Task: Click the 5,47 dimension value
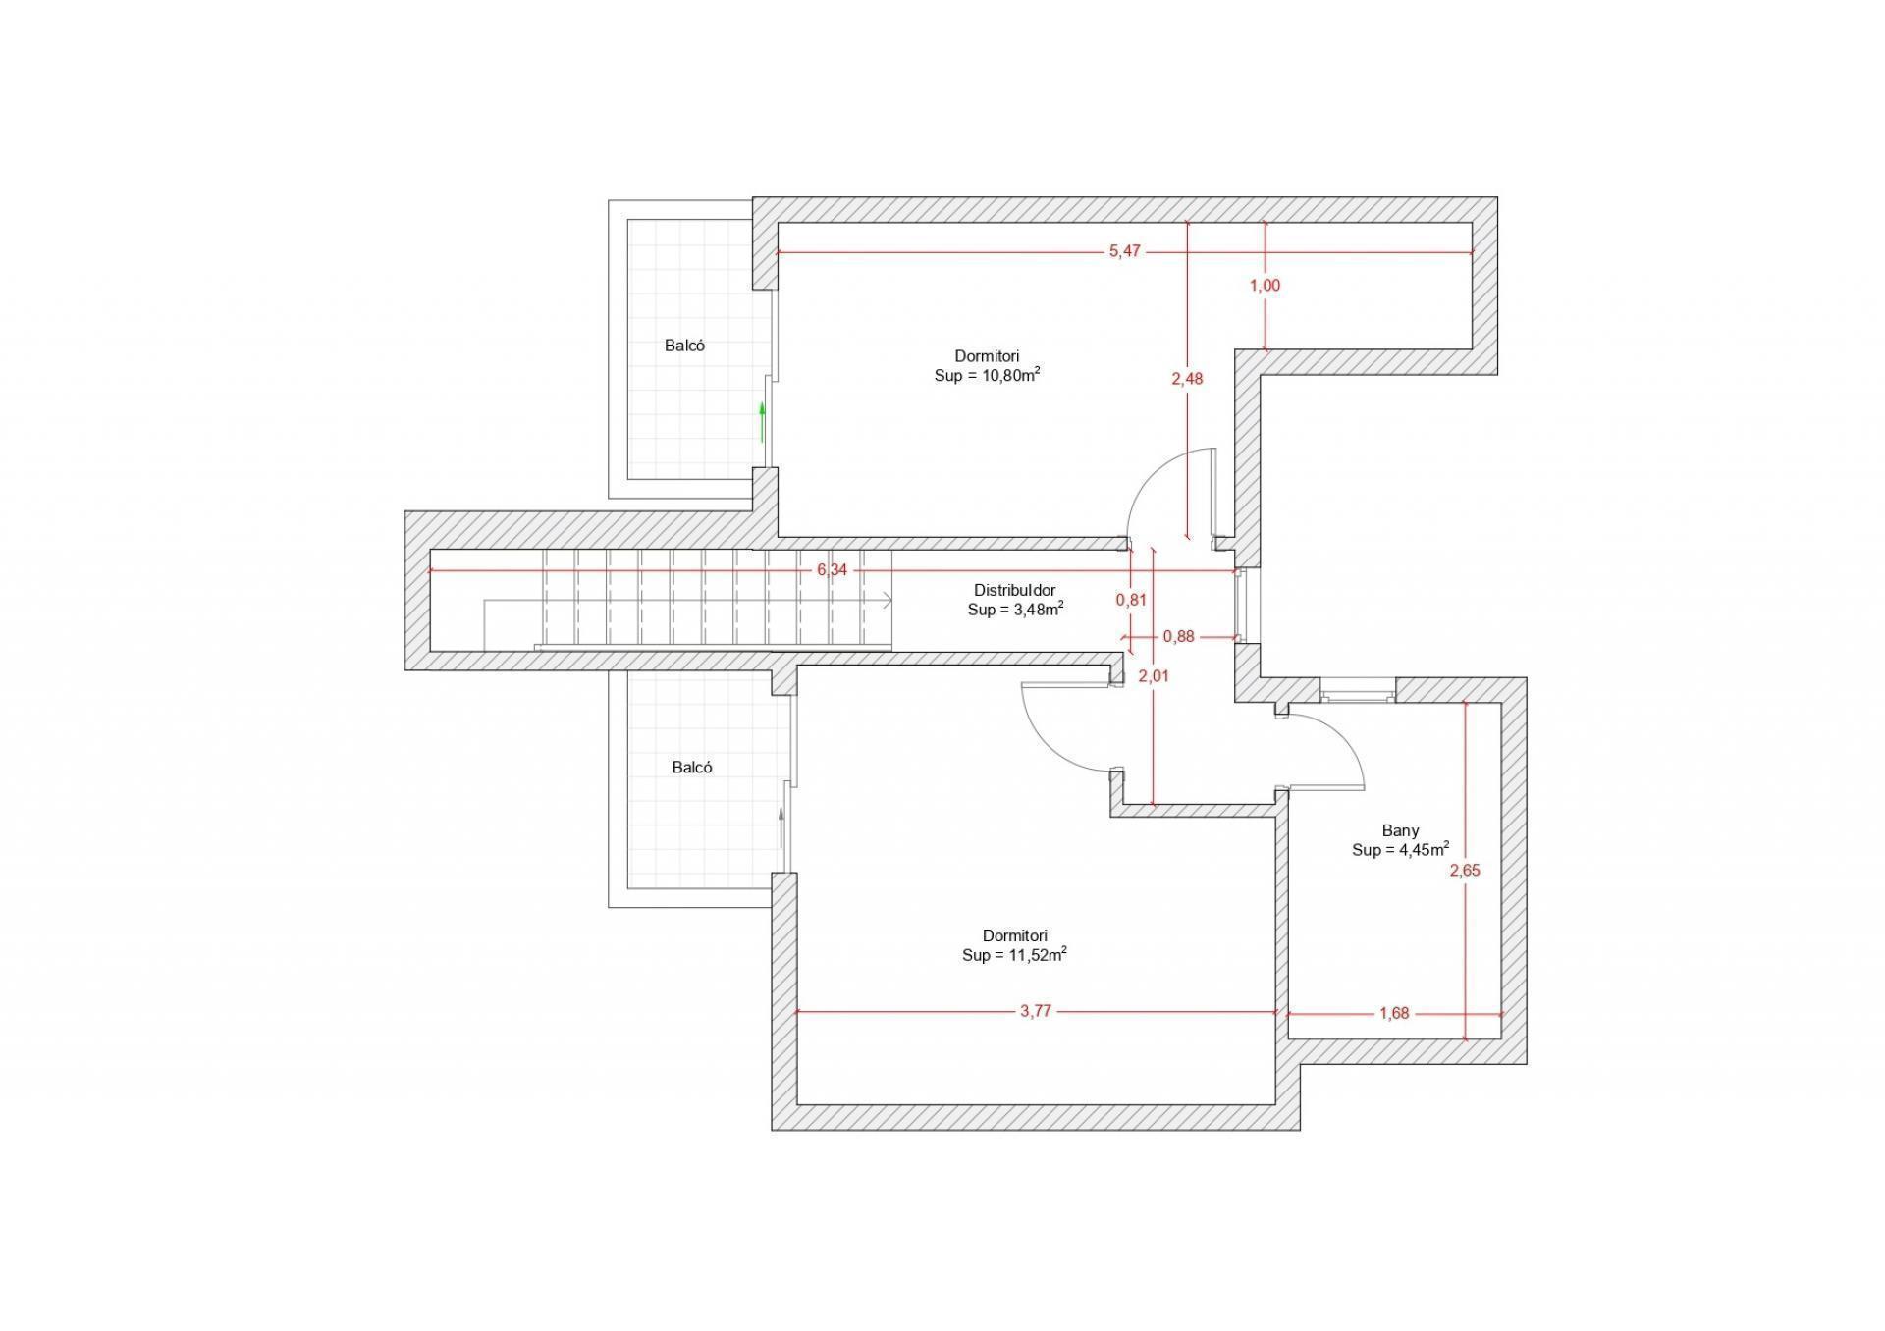click(x=1125, y=251)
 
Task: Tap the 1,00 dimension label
click(x=1265, y=286)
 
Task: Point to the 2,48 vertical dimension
click(x=1187, y=379)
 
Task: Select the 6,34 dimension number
click(x=832, y=570)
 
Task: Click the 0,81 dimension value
click(x=1132, y=600)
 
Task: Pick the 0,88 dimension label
click(x=1179, y=637)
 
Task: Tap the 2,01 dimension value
click(x=1154, y=676)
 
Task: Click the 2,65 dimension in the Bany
click(x=1465, y=871)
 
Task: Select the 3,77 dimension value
click(x=1036, y=1012)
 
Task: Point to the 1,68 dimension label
click(x=1394, y=1014)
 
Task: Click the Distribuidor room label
click(x=1015, y=591)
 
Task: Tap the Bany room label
click(x=1401, y=831)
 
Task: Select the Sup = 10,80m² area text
click(x=988, y=375)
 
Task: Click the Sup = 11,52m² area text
click(x=1015, y=954)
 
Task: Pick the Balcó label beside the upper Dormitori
click(x=684, y=346)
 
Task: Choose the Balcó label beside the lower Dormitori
click(x=692, y=768)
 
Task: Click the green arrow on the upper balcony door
click(x=762, y=422)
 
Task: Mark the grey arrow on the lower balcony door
click(x=781, y=827)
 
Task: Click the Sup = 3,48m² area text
click(x=1016, y=610)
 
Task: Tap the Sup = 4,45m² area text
click(x=1401, y=850)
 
